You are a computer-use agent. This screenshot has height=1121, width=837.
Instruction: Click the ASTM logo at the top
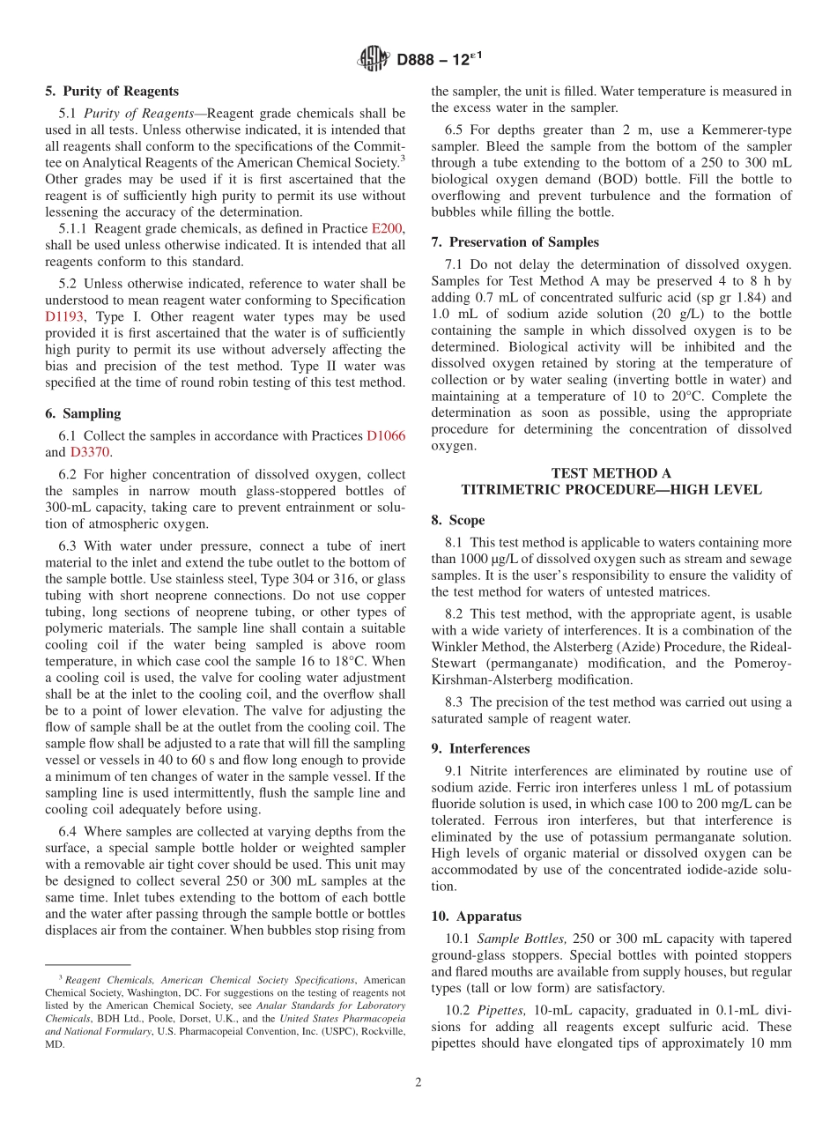click(x=374, y=60)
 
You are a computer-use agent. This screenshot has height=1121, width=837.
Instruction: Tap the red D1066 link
click(x=385, y=436)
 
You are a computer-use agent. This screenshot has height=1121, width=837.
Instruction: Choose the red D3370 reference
click(x=90, y=452)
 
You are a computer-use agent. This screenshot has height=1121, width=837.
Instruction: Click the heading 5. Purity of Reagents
click(x=112, y=91)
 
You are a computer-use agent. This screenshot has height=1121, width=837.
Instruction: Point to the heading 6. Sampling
click(x=83, y=414)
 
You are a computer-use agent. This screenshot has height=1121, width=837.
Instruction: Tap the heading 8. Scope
click(x=457, y=521)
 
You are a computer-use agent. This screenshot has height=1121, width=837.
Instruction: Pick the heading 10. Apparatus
click(x=476, y=917)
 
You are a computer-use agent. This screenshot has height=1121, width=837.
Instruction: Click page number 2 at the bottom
click(x=418, y=1082)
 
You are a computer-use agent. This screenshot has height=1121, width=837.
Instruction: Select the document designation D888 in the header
click(x=420, y=60)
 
